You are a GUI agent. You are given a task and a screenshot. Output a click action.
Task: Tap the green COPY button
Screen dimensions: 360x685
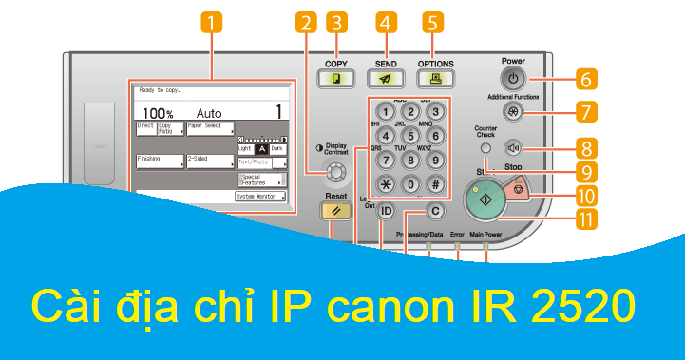[336, 81]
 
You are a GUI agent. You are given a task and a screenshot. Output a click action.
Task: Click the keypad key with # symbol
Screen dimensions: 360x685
[434, 185]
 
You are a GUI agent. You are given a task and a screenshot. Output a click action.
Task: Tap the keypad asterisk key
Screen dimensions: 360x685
[387, 185]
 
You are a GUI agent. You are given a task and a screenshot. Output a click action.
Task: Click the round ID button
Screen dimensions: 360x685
[387, 211]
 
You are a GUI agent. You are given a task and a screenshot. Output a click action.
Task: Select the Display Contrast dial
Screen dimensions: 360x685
[333, 173]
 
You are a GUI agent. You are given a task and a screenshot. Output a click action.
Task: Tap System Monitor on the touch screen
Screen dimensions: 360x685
[260, 197]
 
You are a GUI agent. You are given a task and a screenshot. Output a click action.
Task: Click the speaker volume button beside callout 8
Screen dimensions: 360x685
[514, 147]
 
